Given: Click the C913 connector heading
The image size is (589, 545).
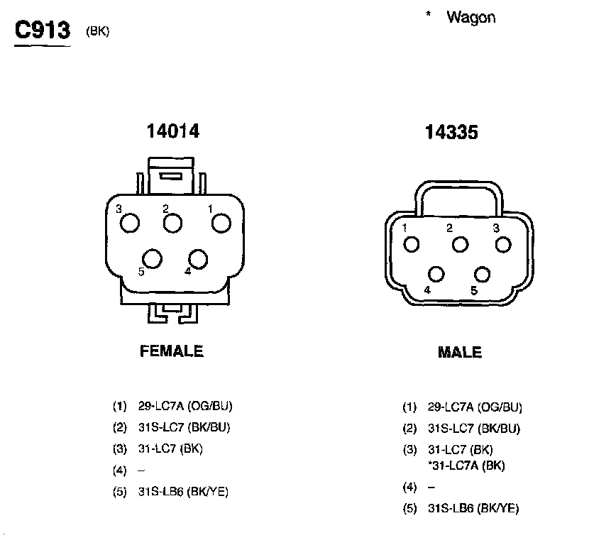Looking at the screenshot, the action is [x=43, y=30].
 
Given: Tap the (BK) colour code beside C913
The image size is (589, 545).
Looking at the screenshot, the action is [x=98, y=31].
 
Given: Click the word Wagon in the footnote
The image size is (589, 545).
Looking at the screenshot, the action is [x=471, y=18].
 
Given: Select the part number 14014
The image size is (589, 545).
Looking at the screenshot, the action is [x=172, y=131].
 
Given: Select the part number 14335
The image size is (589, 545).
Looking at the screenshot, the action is [x=451, y=132].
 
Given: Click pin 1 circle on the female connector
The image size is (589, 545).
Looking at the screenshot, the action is [x=221, y=223].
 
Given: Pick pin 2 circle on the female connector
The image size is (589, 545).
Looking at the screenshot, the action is [x=172, y=223].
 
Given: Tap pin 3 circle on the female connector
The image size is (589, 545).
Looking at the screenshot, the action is [x=130, y=223].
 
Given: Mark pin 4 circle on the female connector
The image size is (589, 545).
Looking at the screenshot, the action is [x=198, y=259].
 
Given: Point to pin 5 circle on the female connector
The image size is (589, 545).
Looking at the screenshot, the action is [x=152, y=258].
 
